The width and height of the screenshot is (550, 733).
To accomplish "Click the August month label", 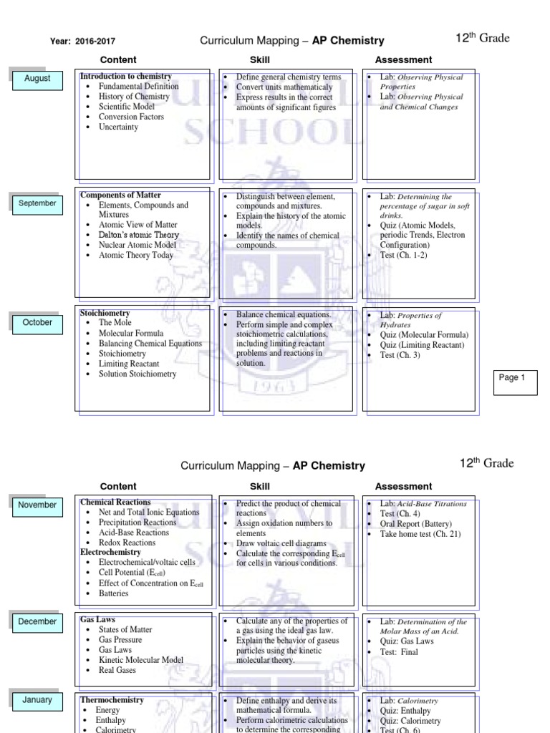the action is coord(37,79).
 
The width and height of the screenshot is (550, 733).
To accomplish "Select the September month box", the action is coord(37,203).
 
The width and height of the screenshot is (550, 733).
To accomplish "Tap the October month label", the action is coord(37,323).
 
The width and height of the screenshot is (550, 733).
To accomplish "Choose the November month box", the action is coord(37,505).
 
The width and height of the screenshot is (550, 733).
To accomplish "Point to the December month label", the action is coord(37,622).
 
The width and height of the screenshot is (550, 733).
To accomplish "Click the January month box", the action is coord(37,700).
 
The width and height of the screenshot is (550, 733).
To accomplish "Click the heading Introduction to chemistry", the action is coord(125,77).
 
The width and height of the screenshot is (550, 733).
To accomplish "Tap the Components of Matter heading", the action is coord(120,195).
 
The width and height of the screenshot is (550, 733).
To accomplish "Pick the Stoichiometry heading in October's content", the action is coord(105,314).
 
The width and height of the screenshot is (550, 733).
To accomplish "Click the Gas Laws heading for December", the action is coord(97,619).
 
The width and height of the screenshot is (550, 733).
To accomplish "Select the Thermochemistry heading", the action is coord(112,700).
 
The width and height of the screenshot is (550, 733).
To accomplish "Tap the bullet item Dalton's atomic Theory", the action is coord(139,235).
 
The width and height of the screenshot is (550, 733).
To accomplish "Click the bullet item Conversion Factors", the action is coord(131,117).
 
